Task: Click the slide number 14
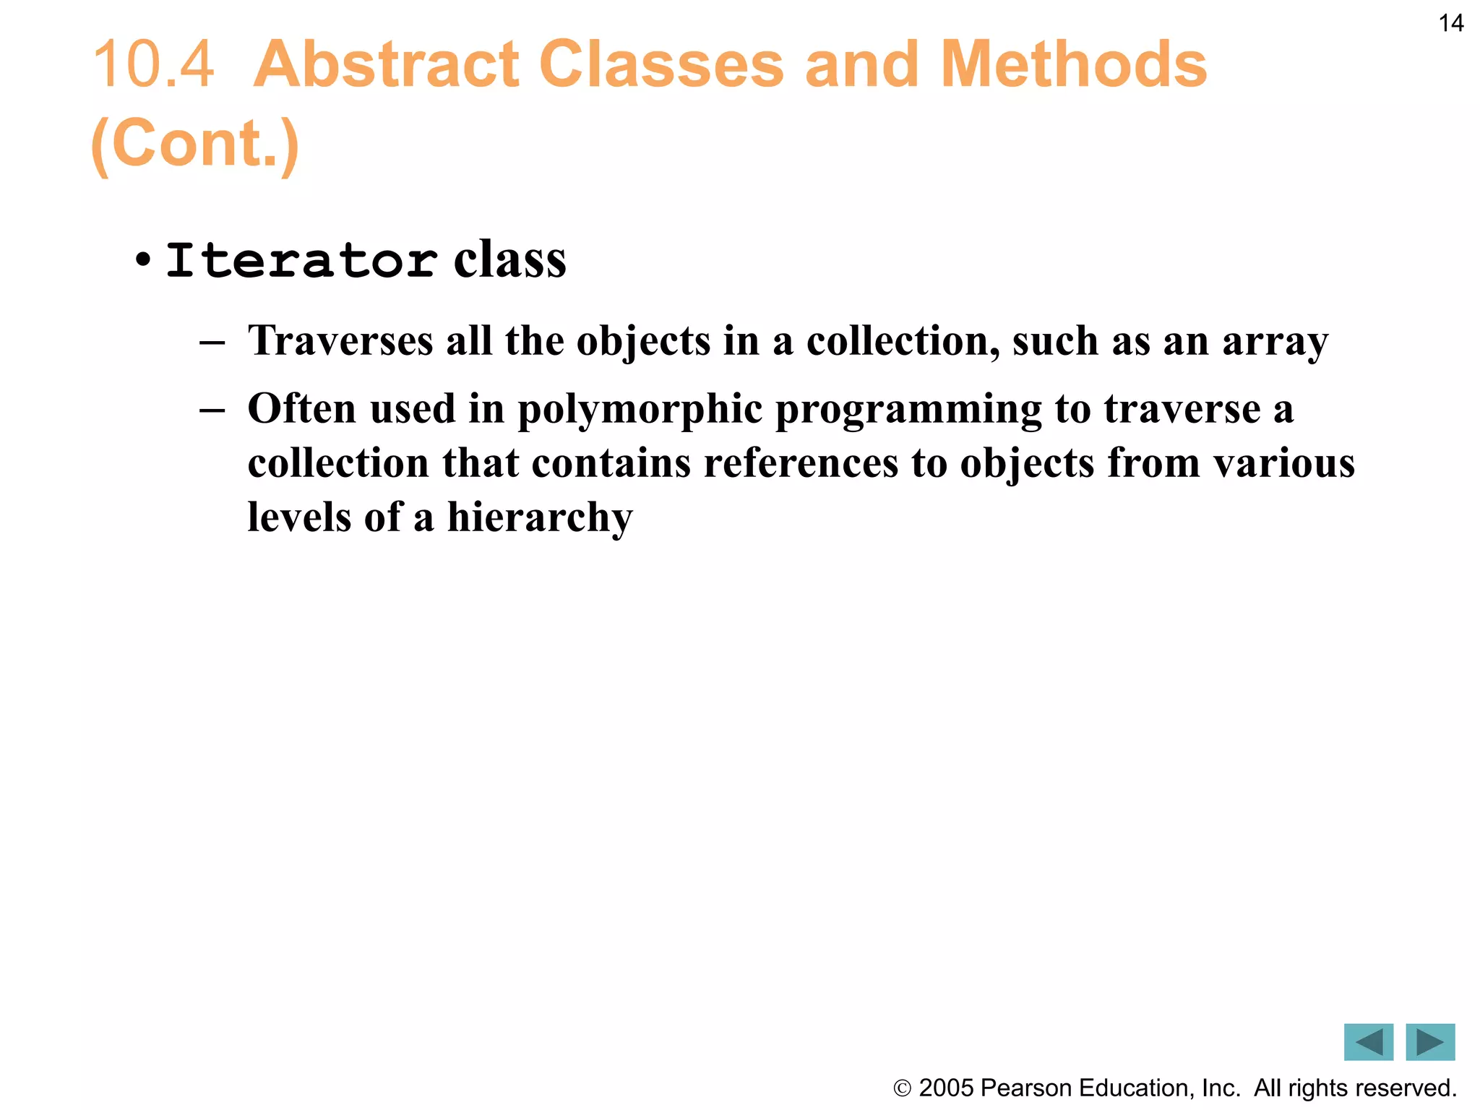pos(1451,24)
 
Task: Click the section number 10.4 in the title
pos(154,65)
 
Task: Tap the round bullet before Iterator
pos(143,259)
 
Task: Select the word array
pos(1275,342)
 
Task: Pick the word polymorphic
pos(640,410)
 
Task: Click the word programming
pos(908,410)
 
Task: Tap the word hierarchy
pos(540,517)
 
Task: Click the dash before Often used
pos(212,410)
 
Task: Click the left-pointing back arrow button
pos(1368,1042)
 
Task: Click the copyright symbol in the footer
pos(902,1088)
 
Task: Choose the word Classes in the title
pos(661,65)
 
